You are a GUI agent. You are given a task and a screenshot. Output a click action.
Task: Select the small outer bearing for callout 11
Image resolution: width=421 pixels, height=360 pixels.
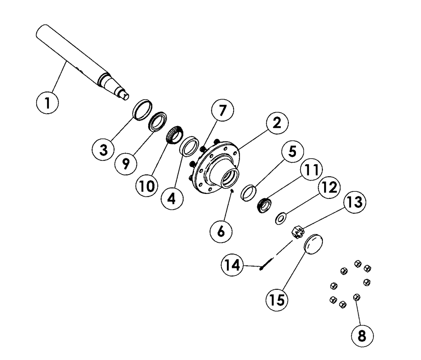coord(264,206)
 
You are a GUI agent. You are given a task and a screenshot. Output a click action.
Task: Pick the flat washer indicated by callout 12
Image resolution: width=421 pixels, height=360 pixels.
coord(281,218)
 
